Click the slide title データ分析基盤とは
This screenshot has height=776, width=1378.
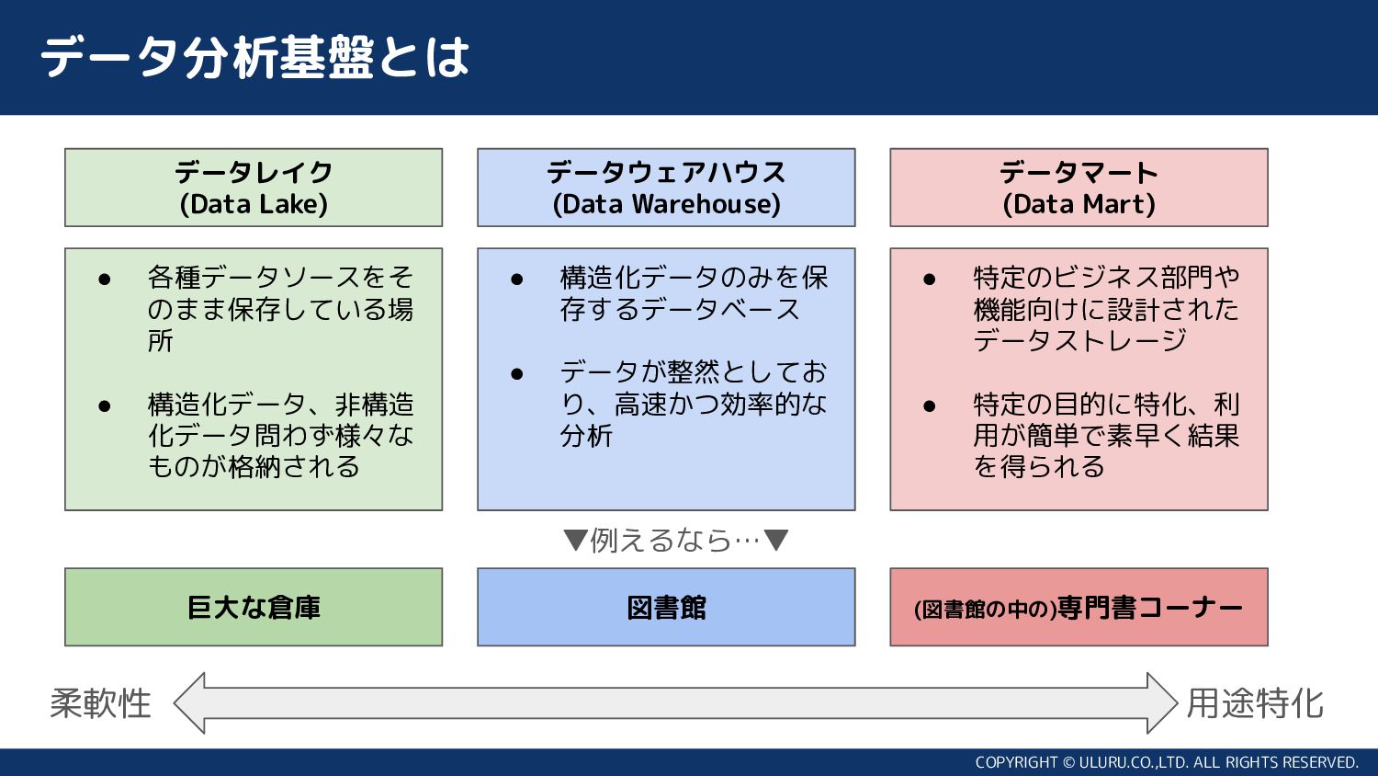[254, 57]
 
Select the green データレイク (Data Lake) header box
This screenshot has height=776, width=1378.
[254, 188]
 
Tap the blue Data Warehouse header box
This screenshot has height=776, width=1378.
[666, 188]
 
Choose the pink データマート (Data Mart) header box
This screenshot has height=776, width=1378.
[1079, 188]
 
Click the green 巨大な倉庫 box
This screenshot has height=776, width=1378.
[254, 607]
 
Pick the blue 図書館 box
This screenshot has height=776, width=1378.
[666, 607]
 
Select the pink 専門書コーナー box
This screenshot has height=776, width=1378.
[1079, 607]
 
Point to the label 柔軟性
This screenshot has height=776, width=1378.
[100, 703]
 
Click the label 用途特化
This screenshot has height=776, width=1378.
[1254, 703]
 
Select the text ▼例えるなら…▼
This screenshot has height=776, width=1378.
[675, 540]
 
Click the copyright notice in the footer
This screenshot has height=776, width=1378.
[1167, 762]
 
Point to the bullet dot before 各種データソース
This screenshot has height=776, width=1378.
[104, 279]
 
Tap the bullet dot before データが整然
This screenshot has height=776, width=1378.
[516, 373]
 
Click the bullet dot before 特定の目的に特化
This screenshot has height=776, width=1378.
[929, 405]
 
